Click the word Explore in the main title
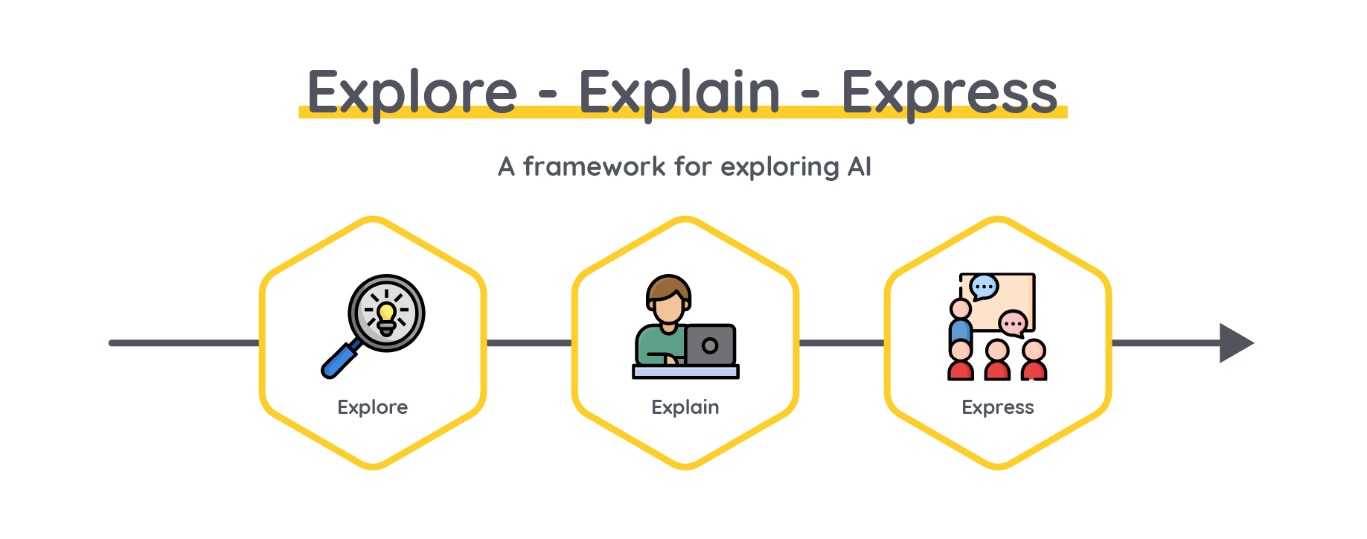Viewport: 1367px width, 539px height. click(412, 94)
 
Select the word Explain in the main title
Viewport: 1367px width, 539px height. click(679, 94)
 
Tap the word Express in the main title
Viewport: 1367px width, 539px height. click(950, 94)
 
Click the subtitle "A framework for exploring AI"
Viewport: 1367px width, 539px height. click(684, 167)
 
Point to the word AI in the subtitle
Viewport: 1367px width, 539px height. click(859, 166)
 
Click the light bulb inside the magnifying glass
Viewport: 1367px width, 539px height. click(386, 316)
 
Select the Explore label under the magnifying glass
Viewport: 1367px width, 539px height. click(372, 407)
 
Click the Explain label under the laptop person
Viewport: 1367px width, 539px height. click(685, 407)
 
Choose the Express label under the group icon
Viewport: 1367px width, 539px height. click(997, 407)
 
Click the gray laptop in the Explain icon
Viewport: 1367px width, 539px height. click(710, 345)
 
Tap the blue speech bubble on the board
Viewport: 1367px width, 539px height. click(985, 287)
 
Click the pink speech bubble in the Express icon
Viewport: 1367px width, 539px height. click(1013, 324)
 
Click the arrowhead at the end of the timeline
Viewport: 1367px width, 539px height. click(1236, 343)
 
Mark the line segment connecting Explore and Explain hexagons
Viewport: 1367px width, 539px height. click(529, 343)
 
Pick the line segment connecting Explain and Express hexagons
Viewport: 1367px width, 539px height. click(842, 343)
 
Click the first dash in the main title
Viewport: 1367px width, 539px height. click(548, 95)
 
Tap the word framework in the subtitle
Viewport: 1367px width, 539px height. click(594, 166)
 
